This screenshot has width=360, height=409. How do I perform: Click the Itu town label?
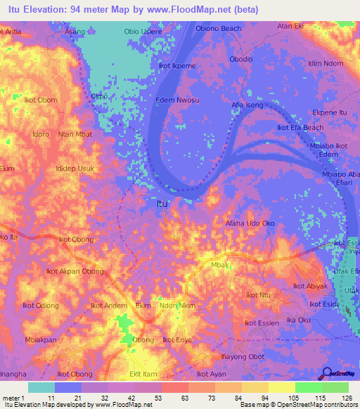(x=162, y=204)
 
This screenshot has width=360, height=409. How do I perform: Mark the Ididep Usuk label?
(x=75, y=169)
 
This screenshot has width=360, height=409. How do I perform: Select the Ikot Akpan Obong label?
(x=70, y=271)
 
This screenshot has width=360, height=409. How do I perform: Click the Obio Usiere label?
(x=143, y=32)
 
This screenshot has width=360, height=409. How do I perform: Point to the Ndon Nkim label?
(x=177, y=306)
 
